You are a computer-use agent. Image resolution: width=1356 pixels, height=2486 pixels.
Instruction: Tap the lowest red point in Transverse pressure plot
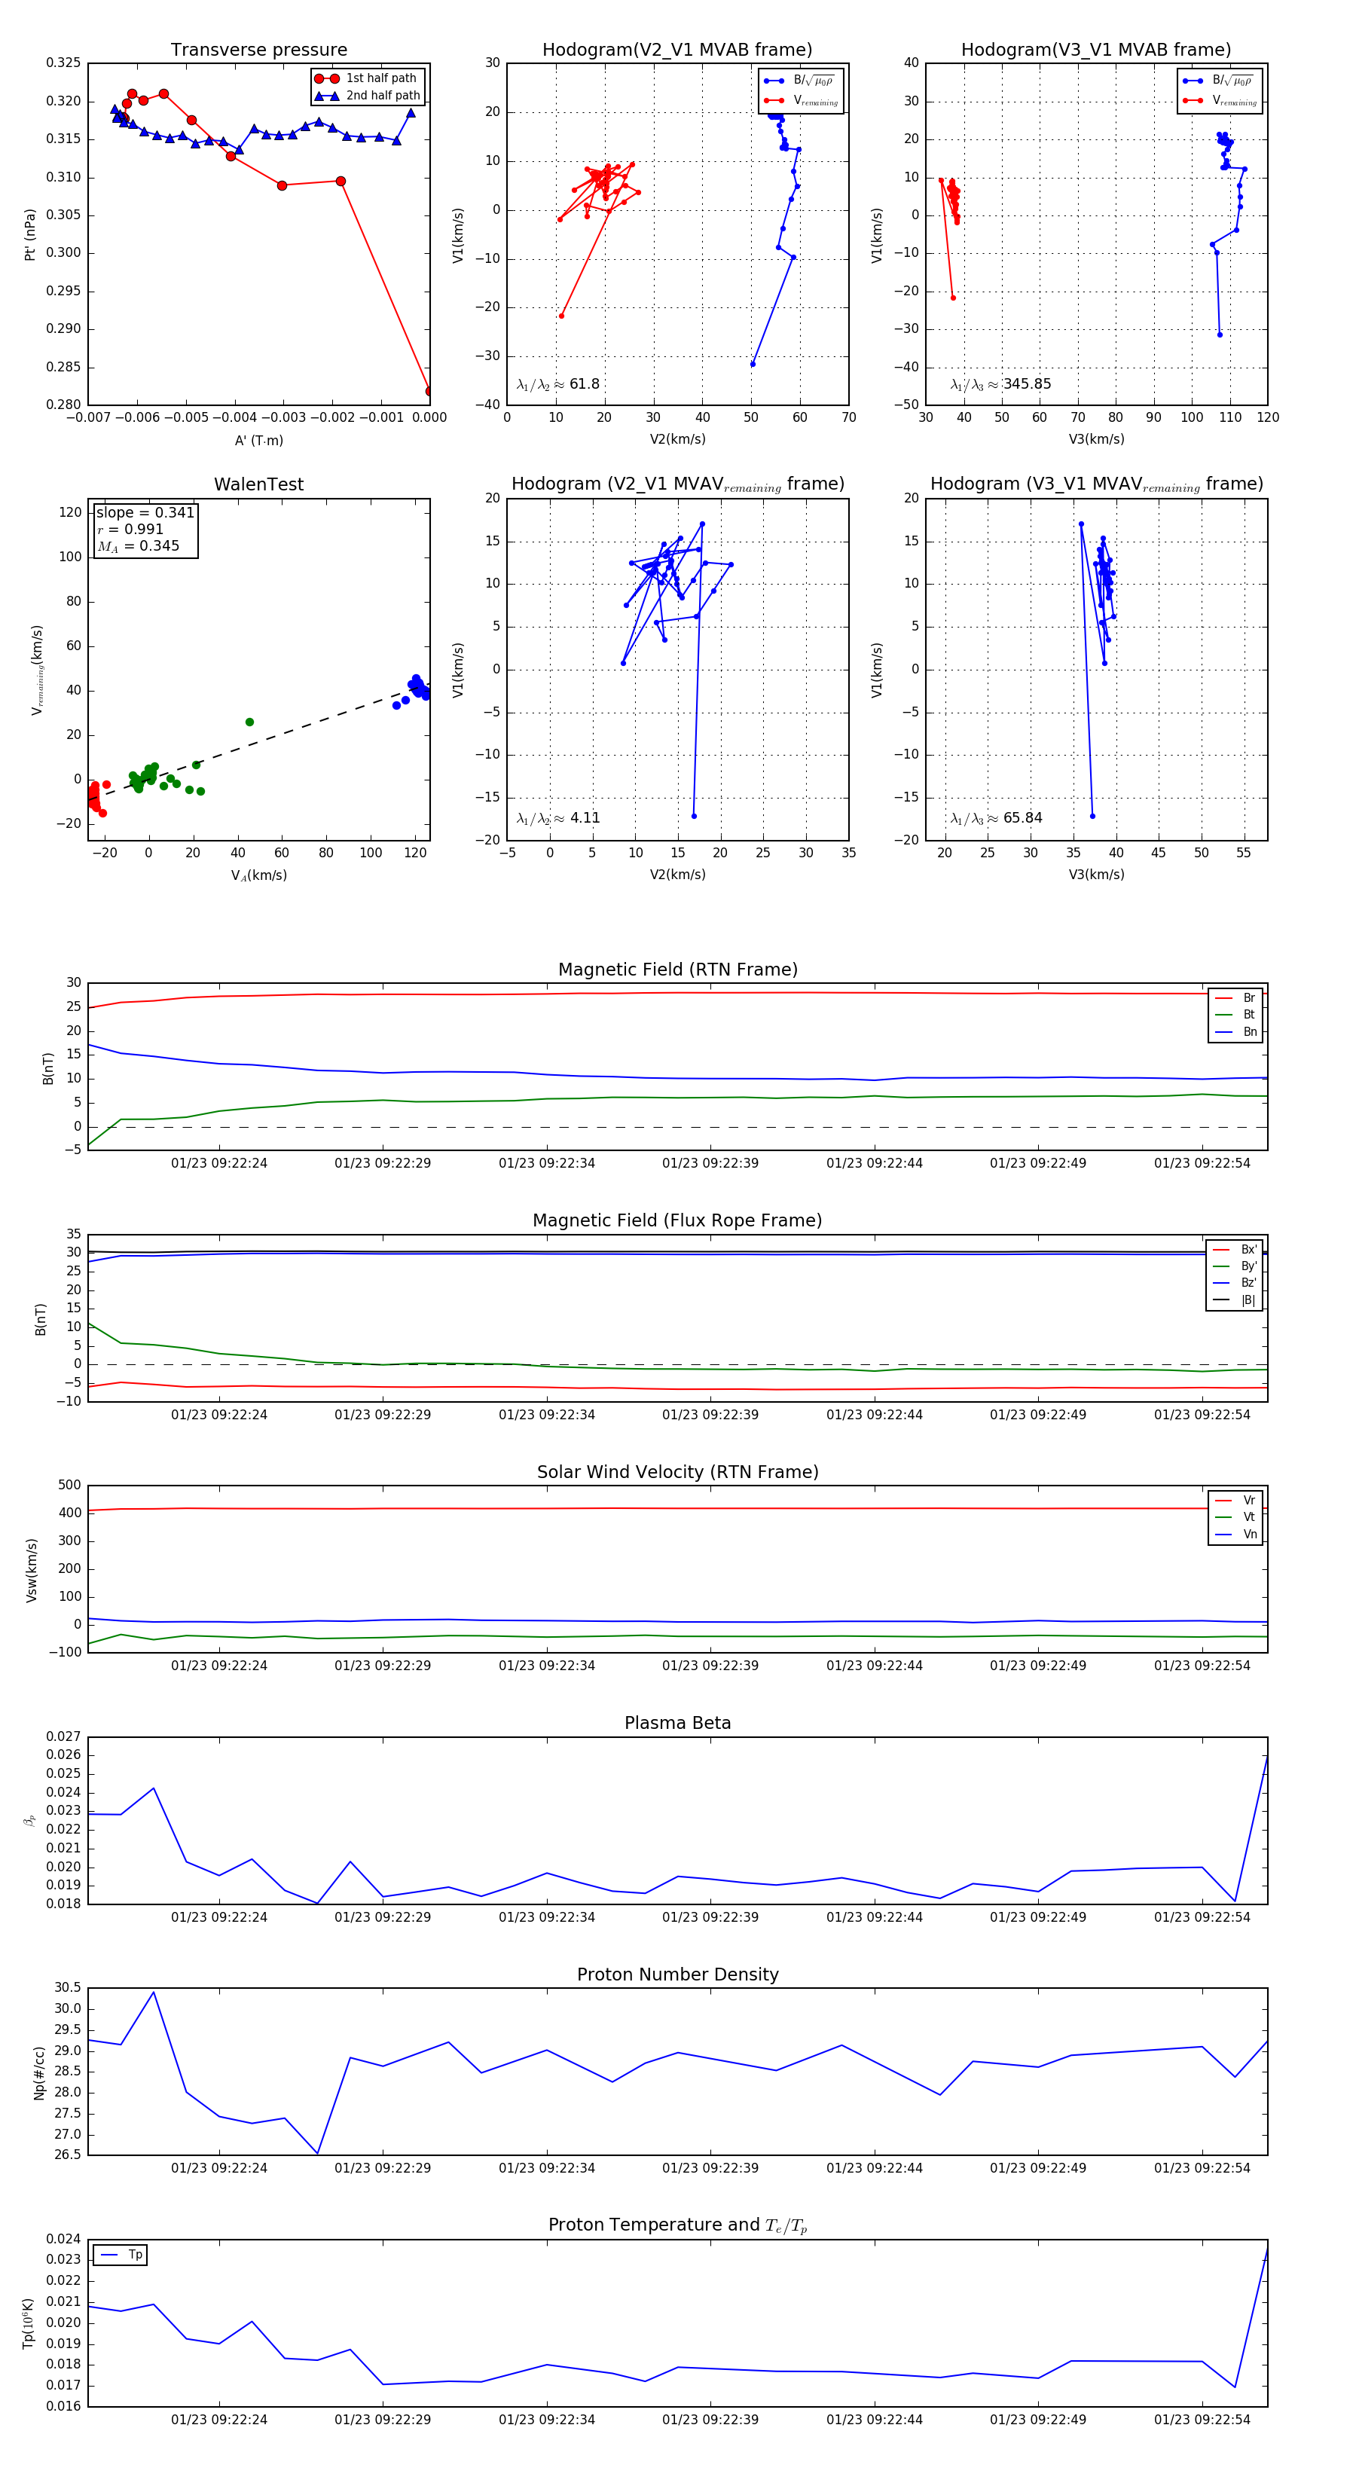(x=429, y=391)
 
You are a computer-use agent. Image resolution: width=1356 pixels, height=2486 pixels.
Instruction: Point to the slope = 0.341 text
(x=145, y=512)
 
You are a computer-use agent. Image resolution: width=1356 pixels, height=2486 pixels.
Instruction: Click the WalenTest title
(x=258, y=484)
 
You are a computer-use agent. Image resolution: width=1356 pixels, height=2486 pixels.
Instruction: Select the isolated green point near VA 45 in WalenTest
(x=249, y=722)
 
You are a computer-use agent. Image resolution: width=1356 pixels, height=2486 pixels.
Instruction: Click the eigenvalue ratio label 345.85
(x=1027, y=384)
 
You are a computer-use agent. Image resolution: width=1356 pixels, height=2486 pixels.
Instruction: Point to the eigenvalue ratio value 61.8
(x=585, y=384)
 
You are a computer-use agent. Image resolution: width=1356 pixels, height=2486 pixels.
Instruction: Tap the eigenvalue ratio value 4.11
(x=585, y=818)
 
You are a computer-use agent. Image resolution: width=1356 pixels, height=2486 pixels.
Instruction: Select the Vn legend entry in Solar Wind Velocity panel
(x=1249, y=1535)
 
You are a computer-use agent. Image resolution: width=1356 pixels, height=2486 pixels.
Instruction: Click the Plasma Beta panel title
(x=677, y=1724)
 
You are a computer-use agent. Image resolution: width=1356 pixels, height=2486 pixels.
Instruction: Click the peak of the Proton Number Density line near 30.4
(x=154, y=1993)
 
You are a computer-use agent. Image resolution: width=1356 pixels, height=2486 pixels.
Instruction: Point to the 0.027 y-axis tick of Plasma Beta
(x=64, y=1737)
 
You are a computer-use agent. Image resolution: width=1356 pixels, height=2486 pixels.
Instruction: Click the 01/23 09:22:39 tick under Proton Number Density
(x=710, y=2167)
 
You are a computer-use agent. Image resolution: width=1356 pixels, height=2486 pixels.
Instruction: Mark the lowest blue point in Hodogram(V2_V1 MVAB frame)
(x=753, y=364)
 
